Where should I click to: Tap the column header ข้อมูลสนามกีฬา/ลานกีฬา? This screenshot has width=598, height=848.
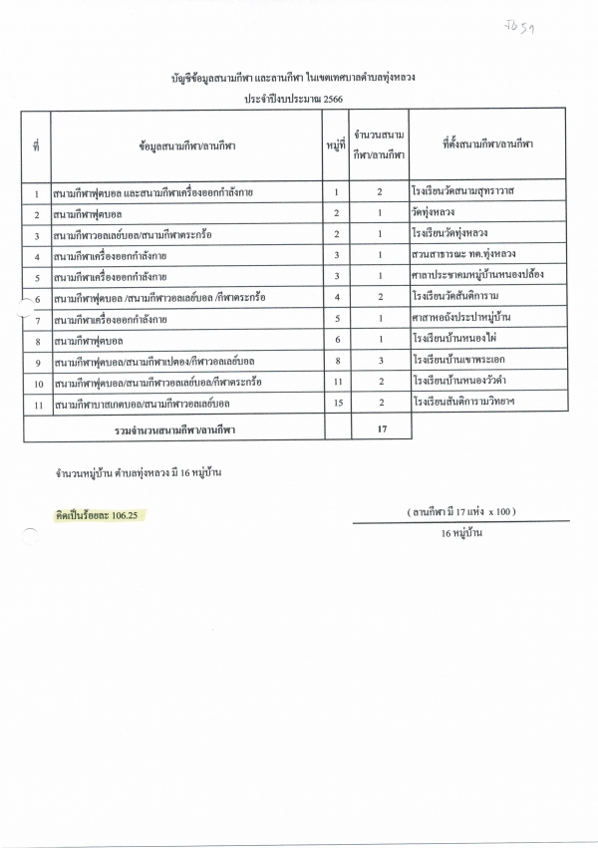tap(187, 145)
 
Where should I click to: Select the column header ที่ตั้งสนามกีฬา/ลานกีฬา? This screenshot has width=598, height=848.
tap(486, 145)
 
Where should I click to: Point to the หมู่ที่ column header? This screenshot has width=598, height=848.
tap(336, 145)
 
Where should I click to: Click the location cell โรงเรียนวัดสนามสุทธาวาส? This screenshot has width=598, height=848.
tap(467, 190)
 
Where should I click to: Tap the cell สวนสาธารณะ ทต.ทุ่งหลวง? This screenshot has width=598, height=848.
tap(463, 254)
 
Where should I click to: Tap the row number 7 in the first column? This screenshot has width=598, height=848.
tap(37, 318)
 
